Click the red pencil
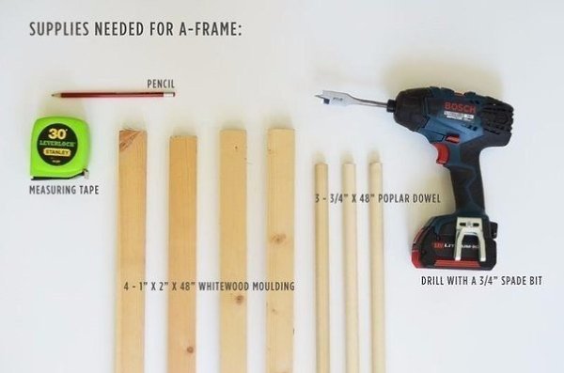114,95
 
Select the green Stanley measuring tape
60,148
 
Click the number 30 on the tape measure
57,133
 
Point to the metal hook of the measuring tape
86,173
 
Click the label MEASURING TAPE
64,190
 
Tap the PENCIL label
161,85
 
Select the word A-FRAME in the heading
210,29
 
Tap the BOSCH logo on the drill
460,107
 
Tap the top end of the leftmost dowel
321,166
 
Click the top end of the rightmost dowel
375,165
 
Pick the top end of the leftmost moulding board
133,132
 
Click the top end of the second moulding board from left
183,138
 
